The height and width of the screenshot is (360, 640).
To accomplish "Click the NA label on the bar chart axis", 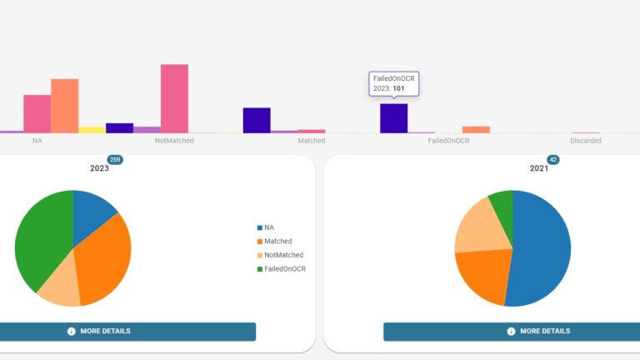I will click(x=37, y=141).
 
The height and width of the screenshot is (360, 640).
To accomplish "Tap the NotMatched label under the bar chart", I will click(x=174, y=141).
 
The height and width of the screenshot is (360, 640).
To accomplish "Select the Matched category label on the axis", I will click(x=312, y=141).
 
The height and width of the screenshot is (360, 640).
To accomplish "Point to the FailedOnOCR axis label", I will click(x=448, y=141).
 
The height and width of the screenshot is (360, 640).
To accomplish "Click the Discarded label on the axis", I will click(x=586, y=141).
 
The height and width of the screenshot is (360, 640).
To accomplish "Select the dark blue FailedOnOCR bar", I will click(x=393, y=118).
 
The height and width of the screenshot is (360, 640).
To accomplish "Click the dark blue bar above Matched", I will click(x=257, y=120).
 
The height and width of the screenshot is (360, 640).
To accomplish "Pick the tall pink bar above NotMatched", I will click(x=174, y=98).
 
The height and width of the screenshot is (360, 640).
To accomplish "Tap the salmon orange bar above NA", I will click(x=64, y=106).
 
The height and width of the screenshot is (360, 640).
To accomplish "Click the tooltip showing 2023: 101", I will click(x=394, y=83).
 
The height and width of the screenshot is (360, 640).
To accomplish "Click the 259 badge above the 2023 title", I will click(x=115, y=159).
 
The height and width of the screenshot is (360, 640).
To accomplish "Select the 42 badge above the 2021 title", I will click(x=552, y=159).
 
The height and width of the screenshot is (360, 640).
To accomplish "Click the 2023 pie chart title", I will click(x=99, y=168).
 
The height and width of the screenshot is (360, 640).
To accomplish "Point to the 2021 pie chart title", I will click(x=539, y=168).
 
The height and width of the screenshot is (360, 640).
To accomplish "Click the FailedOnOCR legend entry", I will click(x=282, y=269).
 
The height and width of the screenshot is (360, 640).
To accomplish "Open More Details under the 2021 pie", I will click(x=512, y=331).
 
